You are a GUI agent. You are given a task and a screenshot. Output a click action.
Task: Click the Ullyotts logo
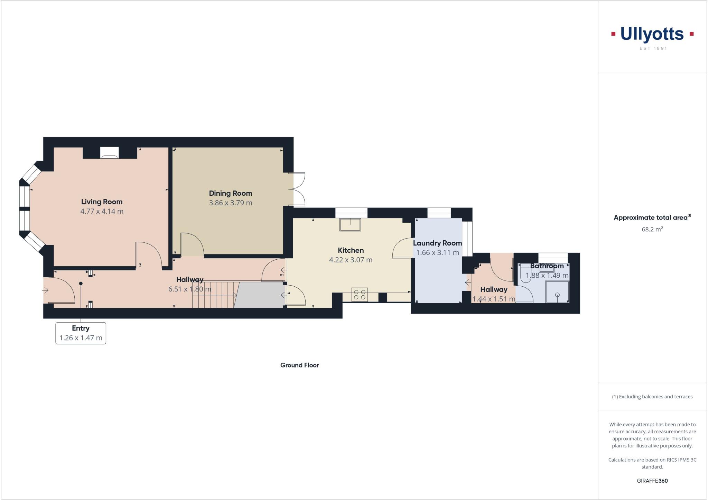pos(652,35)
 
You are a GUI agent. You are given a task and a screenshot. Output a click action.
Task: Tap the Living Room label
pos(102,202)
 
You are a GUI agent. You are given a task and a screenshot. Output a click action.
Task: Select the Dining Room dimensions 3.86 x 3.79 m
pos(231,203)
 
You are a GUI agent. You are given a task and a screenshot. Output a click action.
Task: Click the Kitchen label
pos(351,250)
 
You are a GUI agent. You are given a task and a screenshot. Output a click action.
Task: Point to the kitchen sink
pos(350,225)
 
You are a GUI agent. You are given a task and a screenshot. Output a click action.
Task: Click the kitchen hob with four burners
pos(360,295)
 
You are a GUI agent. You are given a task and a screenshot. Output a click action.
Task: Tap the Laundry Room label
pos(437,243)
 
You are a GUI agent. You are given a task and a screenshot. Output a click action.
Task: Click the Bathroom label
pos(547,266)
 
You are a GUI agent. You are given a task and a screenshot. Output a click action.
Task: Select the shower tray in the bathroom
pos(557,292)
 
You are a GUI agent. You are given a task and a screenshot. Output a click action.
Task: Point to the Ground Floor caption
pos(299,365)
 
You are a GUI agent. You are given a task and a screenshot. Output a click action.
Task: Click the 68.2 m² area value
pos(652,229)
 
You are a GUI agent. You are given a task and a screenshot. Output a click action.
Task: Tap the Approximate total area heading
pos(652,217)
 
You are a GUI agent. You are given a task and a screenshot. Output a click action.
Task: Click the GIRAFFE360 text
pos(652,481)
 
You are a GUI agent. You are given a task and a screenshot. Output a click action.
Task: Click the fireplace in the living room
pos(109,152)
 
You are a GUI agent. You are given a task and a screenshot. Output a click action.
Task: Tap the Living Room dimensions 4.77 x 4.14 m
pos(102,211)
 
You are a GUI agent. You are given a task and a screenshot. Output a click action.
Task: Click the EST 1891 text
pos(653,48)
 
